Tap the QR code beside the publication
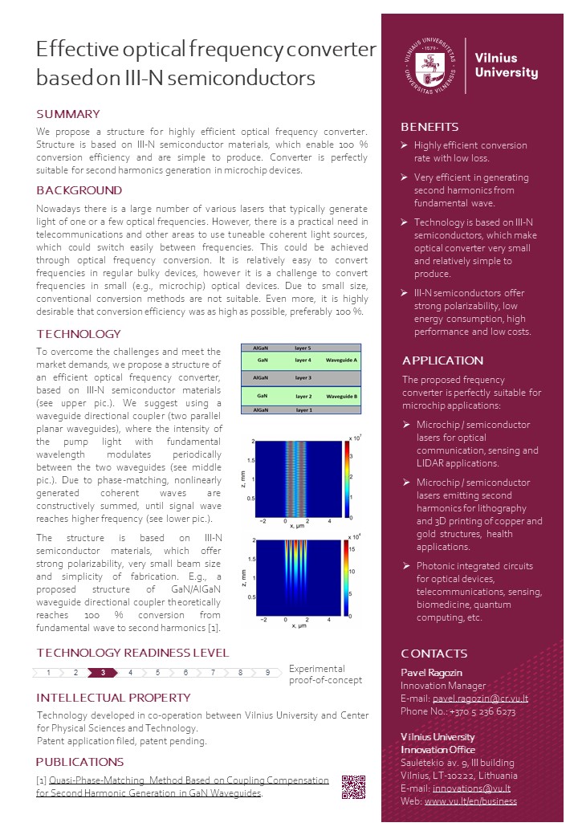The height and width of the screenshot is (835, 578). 353,786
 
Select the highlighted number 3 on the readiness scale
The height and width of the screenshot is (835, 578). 103,673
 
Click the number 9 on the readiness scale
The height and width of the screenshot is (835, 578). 267,673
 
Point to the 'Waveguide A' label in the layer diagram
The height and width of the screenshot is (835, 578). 344,362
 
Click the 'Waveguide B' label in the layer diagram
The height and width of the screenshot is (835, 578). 344,396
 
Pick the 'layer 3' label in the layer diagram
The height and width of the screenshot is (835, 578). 303,377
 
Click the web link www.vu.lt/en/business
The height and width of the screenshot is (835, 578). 470,801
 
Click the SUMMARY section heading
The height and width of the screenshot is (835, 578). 68,114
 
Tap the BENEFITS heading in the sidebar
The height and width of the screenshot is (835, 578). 429,127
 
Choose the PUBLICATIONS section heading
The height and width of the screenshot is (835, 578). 79,762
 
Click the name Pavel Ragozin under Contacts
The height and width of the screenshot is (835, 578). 433,672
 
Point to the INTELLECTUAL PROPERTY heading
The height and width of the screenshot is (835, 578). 113,698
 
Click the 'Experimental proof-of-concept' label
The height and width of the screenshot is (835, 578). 325,674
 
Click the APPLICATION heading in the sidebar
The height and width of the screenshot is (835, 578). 442,360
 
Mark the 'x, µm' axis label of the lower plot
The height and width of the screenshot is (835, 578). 299,625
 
